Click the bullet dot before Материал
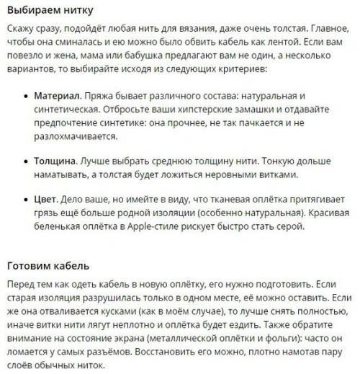[x=24, y=95]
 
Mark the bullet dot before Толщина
[x=24, y=161]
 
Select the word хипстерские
[x=217, y=109]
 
